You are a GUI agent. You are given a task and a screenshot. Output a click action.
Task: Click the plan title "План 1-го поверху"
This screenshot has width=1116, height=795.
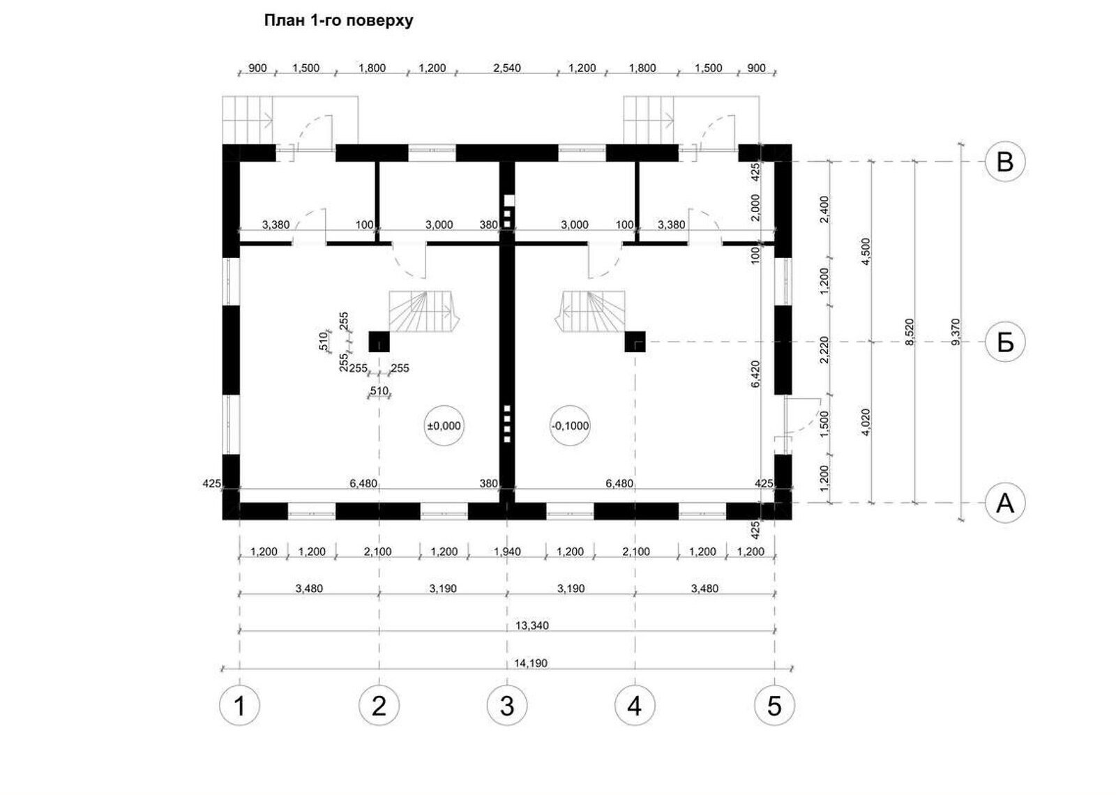(338, 21)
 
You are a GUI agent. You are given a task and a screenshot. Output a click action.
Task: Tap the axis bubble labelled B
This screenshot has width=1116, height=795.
(1005, 161)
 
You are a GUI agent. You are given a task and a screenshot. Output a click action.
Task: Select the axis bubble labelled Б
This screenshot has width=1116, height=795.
(1005, 342)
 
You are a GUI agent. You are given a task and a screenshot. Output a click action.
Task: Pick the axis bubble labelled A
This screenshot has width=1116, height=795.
(1005, 503)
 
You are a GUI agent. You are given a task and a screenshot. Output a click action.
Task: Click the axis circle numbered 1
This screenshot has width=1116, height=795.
(240, 706)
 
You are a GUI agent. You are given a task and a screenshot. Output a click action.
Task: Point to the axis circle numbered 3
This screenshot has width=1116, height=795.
(507, 706)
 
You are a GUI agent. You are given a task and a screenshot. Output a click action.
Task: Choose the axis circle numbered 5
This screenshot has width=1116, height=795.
(774, 706)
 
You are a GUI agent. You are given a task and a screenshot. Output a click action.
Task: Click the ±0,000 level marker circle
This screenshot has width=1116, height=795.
(444, 426)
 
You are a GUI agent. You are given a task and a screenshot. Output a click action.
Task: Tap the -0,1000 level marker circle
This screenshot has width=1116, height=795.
(570, 426)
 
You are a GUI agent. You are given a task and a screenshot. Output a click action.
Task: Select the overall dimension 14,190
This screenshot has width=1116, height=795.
(531, 663)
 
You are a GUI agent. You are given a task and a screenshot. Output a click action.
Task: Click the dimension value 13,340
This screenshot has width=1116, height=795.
(531, 625)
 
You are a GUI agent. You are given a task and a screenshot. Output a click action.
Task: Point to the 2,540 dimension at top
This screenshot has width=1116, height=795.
(507, 68)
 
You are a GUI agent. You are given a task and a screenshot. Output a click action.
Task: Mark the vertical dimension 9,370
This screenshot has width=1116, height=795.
(956, 332)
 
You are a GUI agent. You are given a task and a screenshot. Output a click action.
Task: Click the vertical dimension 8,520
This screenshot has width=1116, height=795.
(910, 332)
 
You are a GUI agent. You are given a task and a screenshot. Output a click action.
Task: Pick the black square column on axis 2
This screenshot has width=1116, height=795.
(379, 342)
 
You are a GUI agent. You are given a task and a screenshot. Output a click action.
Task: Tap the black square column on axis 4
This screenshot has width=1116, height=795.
(635, 342)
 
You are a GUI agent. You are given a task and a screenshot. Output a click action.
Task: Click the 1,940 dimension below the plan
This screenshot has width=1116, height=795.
(507, 552)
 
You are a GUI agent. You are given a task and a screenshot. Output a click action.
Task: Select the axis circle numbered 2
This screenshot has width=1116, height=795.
(379, 706)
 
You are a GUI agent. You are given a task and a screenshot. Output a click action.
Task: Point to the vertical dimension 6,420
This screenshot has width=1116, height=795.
(755, 374)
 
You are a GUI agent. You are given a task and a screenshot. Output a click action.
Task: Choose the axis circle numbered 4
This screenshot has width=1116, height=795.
(635, 706)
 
